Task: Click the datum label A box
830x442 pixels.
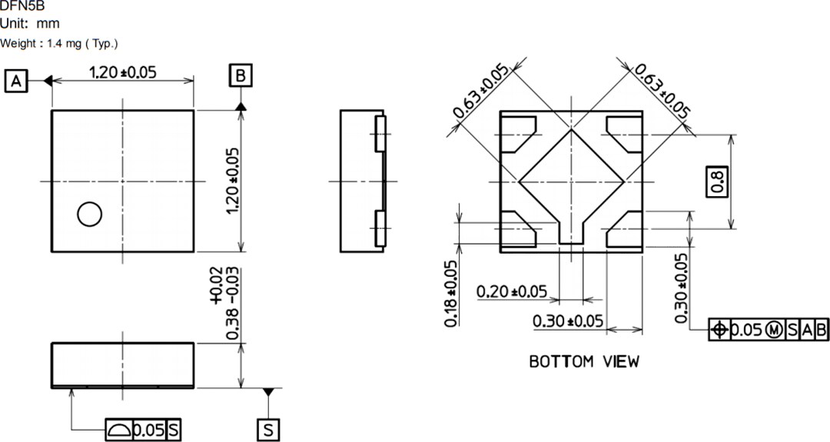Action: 16,80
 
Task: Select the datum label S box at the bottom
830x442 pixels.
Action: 267,430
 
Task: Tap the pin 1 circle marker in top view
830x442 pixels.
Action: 90,215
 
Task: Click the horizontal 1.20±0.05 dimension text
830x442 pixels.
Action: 123,72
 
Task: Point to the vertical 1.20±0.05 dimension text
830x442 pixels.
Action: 233,181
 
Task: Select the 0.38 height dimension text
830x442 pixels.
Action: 224,303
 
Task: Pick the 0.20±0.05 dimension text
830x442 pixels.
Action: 512,291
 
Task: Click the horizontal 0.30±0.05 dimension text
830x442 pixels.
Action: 569,321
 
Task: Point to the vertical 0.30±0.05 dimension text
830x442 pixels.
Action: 681,288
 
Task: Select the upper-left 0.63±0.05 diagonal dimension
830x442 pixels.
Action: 481,92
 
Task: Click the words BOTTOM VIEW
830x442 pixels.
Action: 584,361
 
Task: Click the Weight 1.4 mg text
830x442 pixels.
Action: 59,44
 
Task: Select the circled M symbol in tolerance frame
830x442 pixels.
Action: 774,330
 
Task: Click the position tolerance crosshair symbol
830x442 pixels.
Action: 719,330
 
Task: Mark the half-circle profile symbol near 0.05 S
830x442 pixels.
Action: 118,430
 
